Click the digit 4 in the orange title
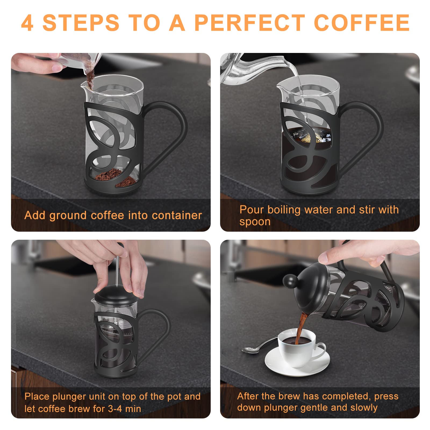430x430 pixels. [x=27, y=23]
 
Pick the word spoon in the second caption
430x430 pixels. [x=255, y=222]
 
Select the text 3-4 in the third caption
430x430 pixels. [x=115, y=409]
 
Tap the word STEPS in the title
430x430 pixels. [x=81, y=23]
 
